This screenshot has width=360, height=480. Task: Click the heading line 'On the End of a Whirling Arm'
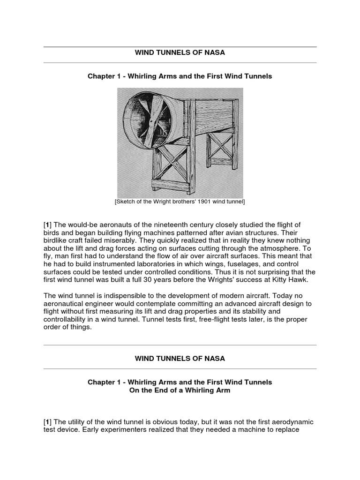[x=180, y=390]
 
